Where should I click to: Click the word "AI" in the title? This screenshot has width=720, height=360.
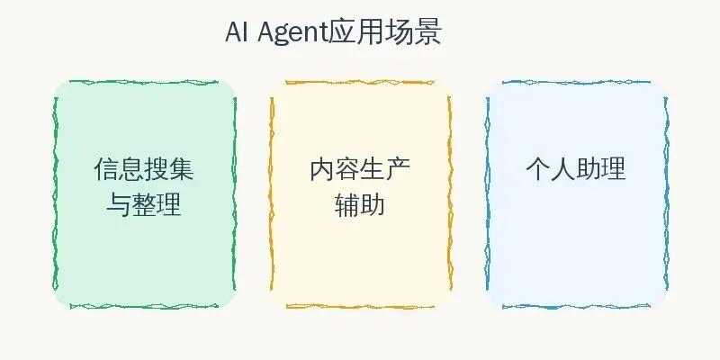(236, 34)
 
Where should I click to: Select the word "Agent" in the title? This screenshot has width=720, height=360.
(292, 34)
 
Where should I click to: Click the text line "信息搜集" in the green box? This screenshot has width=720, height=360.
(144, 169)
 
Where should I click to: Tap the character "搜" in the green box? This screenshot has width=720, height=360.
(157, 169)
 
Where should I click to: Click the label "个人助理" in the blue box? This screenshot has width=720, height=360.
(575, 169)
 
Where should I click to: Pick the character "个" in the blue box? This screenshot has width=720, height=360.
(537, 169)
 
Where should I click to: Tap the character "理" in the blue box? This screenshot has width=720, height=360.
(613, 169)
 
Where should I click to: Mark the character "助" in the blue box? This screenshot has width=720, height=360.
(588, 169)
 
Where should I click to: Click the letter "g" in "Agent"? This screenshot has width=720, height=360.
(280, 36)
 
